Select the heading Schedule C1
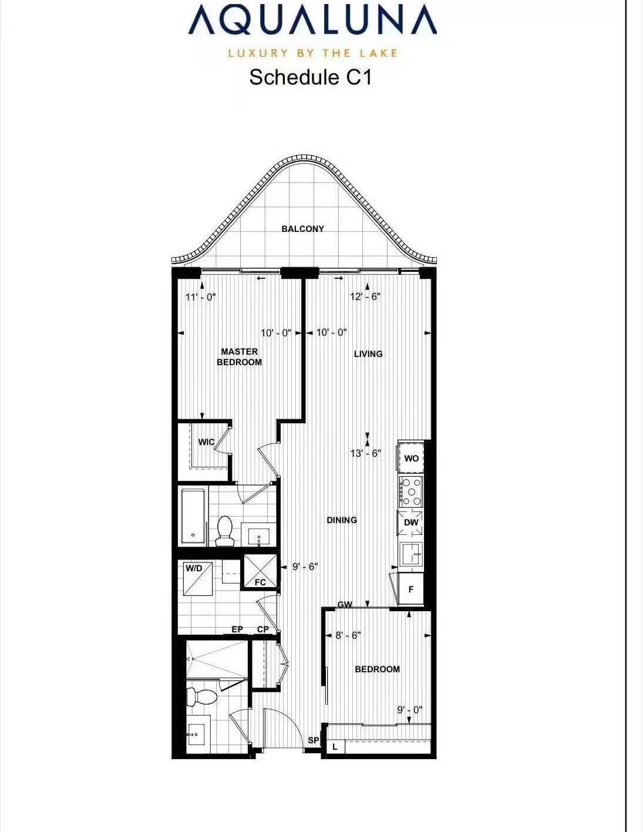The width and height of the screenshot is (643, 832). click(x=311, y=78)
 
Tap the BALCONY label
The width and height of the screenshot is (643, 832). click(x=303, y=228)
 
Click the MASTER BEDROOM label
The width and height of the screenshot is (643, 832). click(x=240, y=356)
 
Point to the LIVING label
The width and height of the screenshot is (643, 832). click(x=368, y=354)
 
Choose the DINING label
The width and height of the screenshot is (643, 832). click(x=342, y=520)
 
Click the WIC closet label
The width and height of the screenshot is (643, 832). click(x=206, y=442)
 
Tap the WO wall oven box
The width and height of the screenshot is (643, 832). click(x=411, y=458)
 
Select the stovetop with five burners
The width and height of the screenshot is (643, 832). click(x=411, y=491)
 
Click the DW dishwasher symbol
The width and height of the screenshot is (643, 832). click(x=411, y=522)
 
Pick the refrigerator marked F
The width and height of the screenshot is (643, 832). click(x=410, y=590)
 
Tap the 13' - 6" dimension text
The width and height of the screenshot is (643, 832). click(x=366, y=453)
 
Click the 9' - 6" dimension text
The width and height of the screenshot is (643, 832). click(x=305, y=567)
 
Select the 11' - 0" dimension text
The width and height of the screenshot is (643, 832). click(x=201, y=297)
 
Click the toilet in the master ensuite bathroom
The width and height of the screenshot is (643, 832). click(x=225, y=531)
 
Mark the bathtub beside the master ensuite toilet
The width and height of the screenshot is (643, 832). click(x=194, y=516)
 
